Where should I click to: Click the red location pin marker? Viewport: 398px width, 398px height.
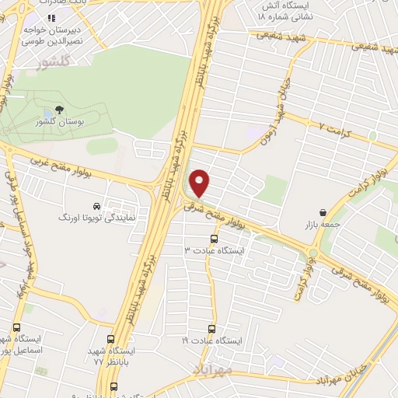(201, 183)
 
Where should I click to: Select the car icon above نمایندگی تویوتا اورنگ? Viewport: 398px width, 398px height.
(96, 207)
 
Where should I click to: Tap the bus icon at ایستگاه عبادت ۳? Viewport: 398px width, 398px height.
(214, 239)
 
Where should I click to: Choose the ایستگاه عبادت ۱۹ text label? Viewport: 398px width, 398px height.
(212, 341)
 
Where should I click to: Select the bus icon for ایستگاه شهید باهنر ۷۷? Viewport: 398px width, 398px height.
(110, 340)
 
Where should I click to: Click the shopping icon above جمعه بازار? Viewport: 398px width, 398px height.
(323, 212)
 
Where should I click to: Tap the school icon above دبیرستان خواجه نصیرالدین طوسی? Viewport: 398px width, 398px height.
(51, 17)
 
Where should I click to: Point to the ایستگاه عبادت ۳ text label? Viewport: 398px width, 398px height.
(214, 251)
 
